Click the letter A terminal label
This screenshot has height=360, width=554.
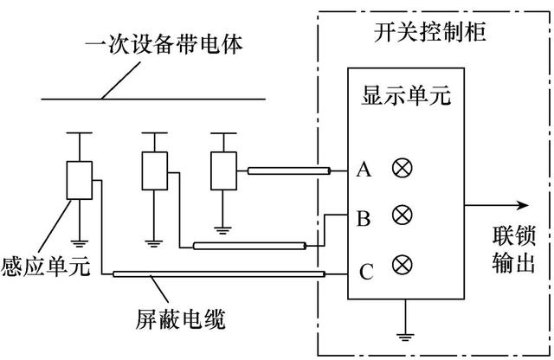tap(364, 170)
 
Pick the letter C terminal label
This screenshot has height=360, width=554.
tap(366, 274)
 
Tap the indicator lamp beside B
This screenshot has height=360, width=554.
tap(401, 215)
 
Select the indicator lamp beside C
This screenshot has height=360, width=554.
tap(401, 264)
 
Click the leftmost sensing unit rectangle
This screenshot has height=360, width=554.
tap(80, 180)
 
